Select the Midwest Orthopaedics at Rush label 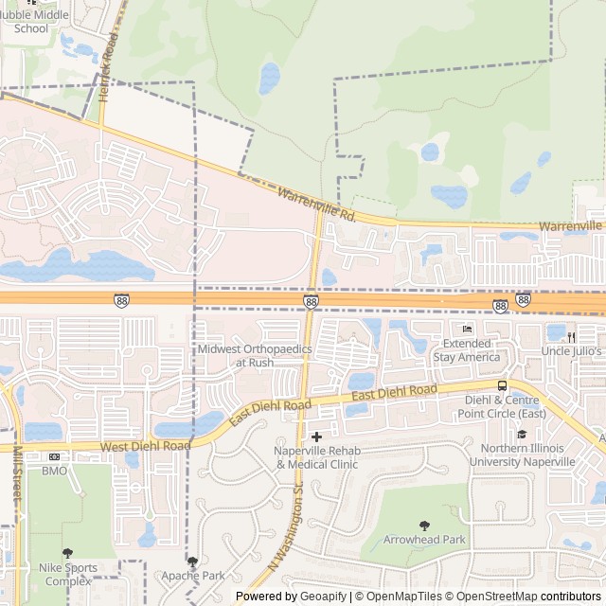(x=255, y=355)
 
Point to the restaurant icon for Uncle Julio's (x=573, y=335)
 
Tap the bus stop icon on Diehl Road (x=502, y=385)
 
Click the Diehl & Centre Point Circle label (x=506, y=406)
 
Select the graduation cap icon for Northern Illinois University (x=521, y=434)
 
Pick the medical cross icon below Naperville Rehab (x=316, y=489)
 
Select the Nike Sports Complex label (x=68, y=574)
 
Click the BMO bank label (x=55, y=470)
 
